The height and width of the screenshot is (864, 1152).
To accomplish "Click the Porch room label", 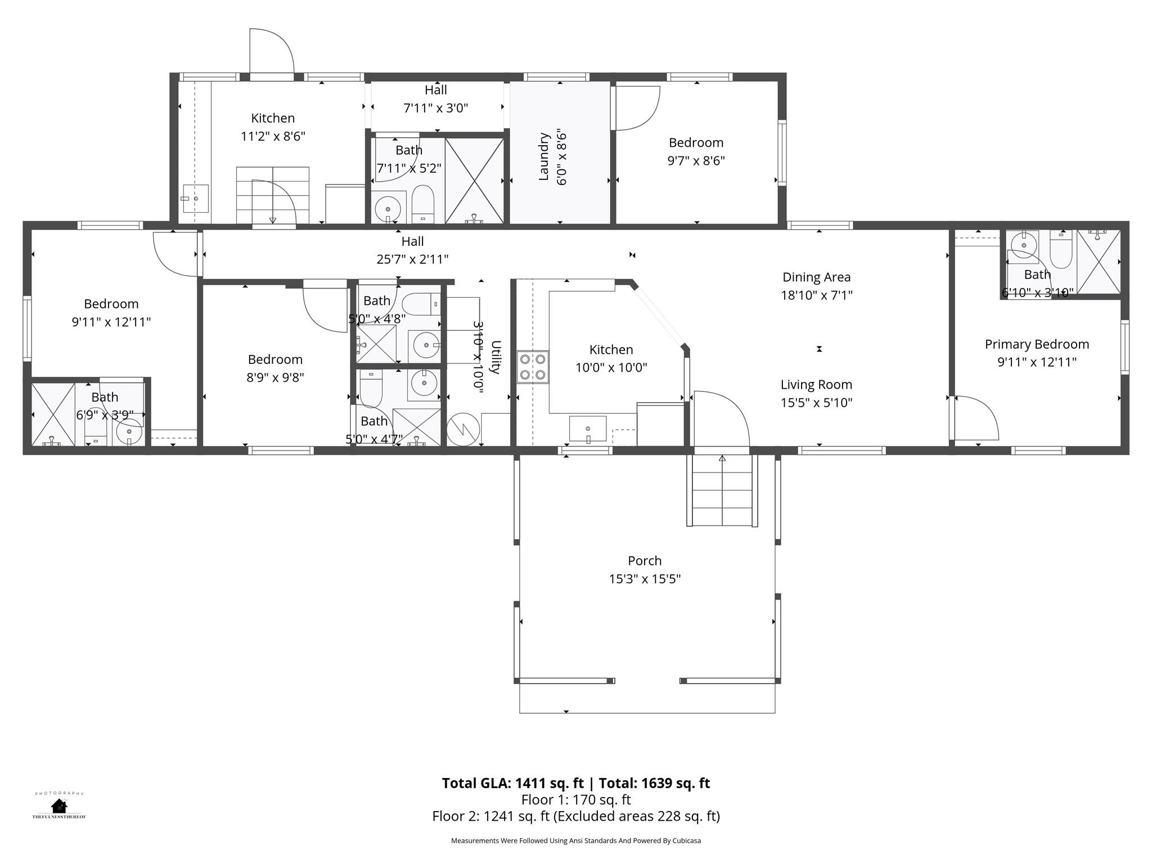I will (645, 561).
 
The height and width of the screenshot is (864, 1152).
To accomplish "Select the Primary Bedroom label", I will (1037, 344).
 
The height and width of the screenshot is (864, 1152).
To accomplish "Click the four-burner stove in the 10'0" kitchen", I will (532, 366).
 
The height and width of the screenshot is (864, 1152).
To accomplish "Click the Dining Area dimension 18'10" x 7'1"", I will (816, 295).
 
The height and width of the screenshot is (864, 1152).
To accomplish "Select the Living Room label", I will (816, 385).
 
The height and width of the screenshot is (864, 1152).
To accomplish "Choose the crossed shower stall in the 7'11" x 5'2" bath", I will (474, 181).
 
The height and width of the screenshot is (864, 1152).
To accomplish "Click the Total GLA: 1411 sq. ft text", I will (512, 783).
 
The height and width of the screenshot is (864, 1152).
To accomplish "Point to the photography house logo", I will (58, 805).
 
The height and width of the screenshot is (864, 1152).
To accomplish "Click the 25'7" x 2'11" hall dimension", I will (412, 259).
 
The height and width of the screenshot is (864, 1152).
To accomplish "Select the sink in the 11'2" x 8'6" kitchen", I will (195, 199).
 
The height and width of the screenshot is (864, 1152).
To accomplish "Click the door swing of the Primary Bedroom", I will (976, 418).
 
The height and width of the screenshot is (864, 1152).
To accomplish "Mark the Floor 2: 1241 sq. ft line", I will (575, 816).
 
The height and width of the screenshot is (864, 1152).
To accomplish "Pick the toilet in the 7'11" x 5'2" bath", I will (423, 204).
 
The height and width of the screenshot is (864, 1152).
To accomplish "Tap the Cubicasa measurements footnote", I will (575, 840).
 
